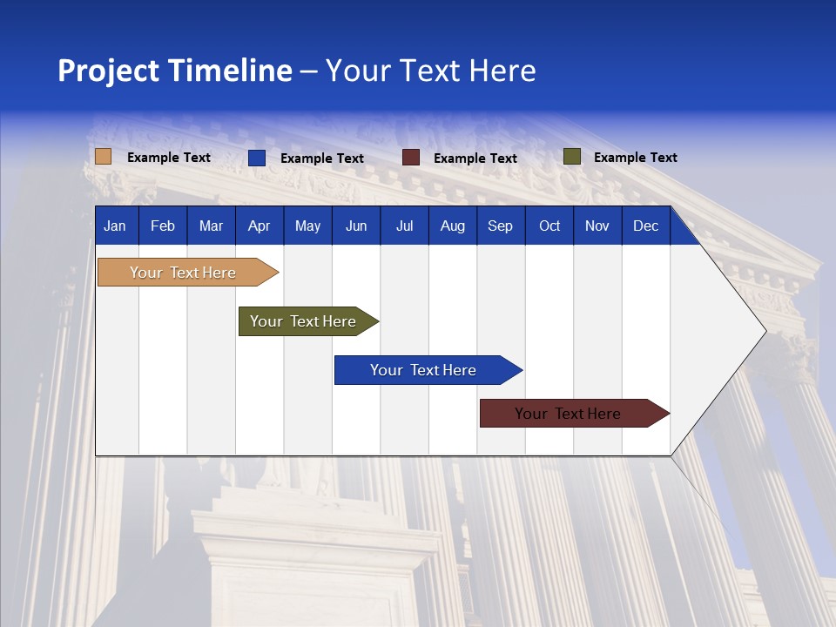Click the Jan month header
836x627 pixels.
pos(115,226)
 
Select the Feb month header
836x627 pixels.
pos(163,226)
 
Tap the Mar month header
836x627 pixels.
pos(211,226)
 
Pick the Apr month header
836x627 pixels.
pos(259,226)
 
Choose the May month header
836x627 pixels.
pos(307,226)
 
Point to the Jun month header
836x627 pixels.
pos(356,226)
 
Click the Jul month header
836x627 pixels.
pos(404,226)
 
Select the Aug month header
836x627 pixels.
pos(453,226)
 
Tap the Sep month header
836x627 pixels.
pos(501,226)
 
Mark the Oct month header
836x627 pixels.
pos(549,226)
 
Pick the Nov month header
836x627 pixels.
pos(597,226)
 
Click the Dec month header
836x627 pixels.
pos(646,226)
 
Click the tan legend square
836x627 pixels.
pos(103,157)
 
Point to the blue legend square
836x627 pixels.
pos(257,158)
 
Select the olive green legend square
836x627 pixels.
pos(571,157)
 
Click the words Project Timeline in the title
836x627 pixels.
pos(175,71)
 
